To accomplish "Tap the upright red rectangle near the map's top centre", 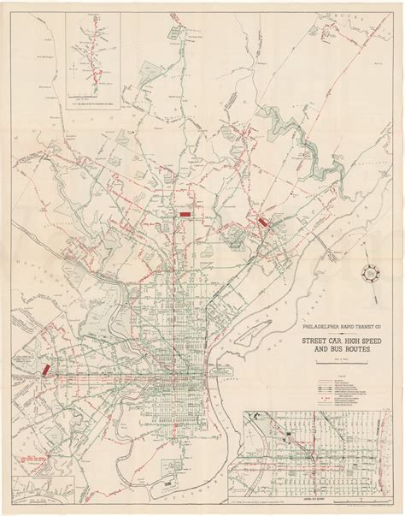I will point(185,207).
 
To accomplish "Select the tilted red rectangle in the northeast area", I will point(261,221).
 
